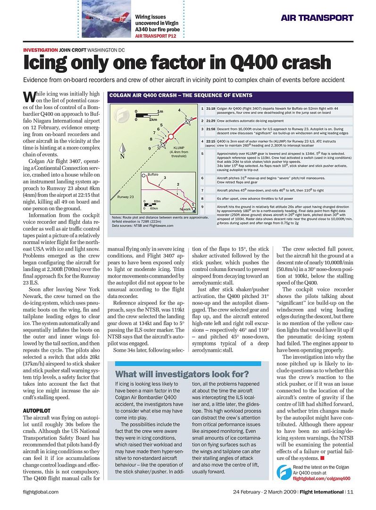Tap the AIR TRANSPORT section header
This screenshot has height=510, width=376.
tap(317, 18)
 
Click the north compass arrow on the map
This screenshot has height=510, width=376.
tap(122, 152)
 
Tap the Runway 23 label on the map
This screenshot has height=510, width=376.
tap(125, 196)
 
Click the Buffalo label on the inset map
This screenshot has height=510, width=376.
tap(152, 175)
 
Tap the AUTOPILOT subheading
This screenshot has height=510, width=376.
tap(37, 410)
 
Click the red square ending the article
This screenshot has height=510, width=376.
tap(322, 458)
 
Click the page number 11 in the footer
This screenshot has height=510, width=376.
tap(350, 492)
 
